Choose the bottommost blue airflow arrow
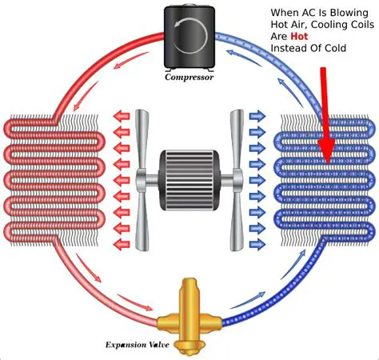(257, 244)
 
